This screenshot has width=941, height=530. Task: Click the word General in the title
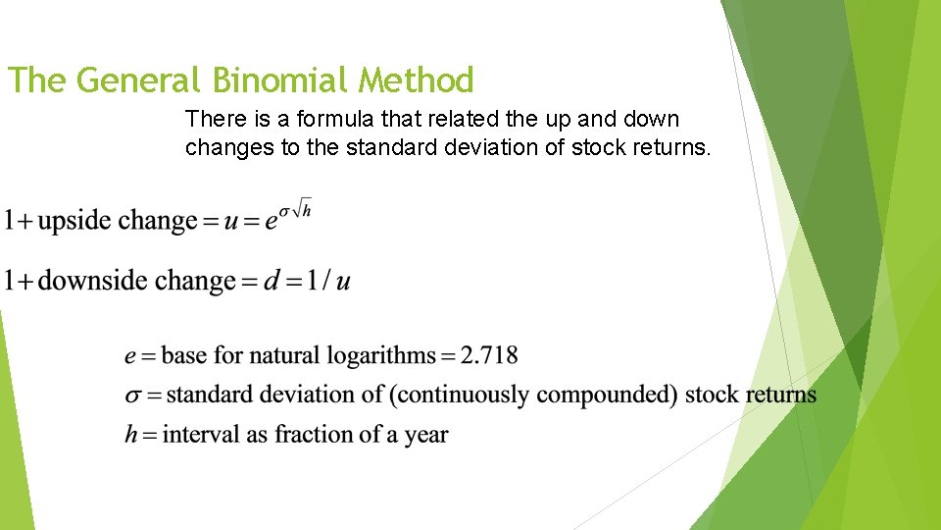coord(139,79)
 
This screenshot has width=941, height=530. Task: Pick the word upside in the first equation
coord(75,221)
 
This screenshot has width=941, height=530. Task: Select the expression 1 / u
coord(328,282)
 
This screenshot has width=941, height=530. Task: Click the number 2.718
coord(489,355)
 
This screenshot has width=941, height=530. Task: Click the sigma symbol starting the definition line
coord(133,396)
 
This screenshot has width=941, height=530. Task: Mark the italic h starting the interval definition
coord(131,434)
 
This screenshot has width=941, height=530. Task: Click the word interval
coord(201,434)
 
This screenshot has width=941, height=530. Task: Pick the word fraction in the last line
coord(312,434)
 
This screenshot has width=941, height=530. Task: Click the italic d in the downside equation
coord(272,282)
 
